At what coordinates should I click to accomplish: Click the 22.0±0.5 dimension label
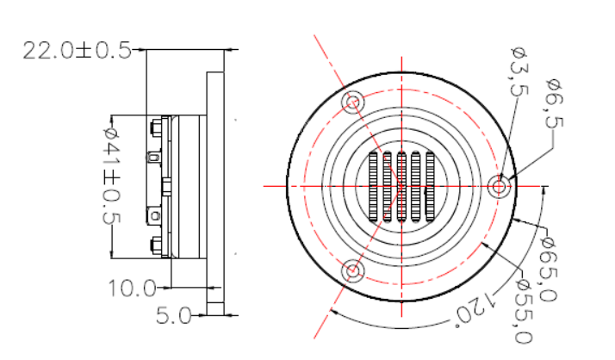point(76,50)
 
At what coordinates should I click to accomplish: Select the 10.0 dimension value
point(132,288)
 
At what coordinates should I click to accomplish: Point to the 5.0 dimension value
point(172,316)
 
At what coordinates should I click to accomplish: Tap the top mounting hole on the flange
point(353,102)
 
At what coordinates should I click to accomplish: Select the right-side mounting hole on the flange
point(499,185)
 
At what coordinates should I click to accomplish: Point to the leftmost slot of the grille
point(374,185)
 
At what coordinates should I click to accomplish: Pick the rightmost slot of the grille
point(428,185)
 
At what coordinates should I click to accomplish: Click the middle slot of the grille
point(401,185)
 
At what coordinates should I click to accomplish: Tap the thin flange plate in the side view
point(215,185)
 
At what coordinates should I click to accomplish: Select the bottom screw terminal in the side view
point(155,245)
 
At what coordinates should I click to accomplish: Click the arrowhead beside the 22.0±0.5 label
point(140,50)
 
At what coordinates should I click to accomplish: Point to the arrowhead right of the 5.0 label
point(202,316)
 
